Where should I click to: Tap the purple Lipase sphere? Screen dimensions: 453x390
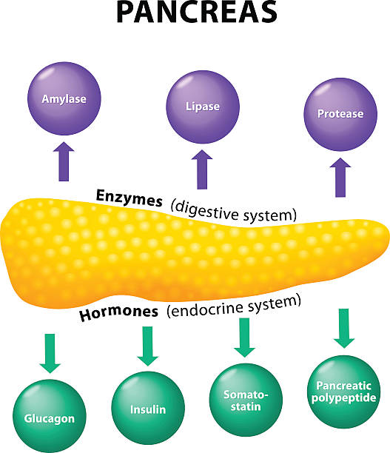(x=202, y=106)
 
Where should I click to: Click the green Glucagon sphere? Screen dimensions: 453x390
(x=48, y=417)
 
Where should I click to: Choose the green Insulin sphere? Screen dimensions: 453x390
(x=149, y=408)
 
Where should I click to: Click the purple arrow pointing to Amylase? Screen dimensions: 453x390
(x=62, y=162)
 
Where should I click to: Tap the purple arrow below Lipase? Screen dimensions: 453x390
(x=201, y=170)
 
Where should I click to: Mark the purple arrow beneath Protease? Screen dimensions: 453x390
(x=342, y=178)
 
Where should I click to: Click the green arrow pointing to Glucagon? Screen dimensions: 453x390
(x=50, y=353)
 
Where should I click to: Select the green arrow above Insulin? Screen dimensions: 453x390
(x=148, y=345)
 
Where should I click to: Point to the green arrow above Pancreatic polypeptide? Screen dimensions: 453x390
(x=343, y=328)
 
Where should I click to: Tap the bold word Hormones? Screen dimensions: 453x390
(x=118, y=312)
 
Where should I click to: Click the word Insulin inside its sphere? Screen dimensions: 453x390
(x=149, y=409)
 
